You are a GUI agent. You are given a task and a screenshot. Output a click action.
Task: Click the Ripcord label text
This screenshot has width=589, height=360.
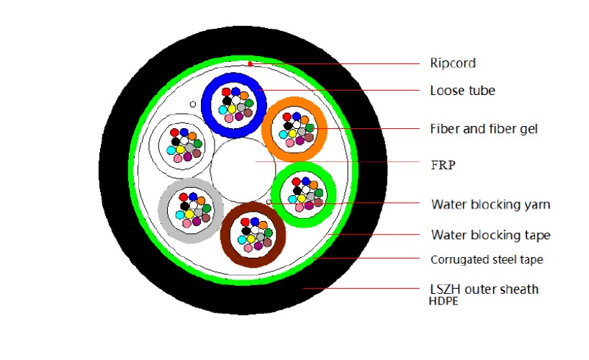453,63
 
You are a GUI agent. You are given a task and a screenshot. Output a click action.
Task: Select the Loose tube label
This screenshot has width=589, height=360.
462,91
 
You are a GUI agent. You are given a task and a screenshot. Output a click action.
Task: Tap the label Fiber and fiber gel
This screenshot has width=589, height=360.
484,129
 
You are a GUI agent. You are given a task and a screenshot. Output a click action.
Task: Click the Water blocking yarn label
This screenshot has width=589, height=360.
490,204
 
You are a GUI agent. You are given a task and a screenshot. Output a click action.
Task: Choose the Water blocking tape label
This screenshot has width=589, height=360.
490,235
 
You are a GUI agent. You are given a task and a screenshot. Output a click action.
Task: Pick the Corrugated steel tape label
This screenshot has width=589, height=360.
486,260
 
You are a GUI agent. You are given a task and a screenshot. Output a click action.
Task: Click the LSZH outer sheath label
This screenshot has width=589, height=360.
483,289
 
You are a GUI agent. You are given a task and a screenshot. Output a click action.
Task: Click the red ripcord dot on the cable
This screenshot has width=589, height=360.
249,64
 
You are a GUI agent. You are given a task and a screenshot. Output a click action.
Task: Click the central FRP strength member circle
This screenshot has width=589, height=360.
238,168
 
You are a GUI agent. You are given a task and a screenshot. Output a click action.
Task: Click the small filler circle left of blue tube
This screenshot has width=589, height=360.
192,105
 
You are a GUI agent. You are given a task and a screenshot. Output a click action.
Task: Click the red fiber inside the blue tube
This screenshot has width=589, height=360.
226,91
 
